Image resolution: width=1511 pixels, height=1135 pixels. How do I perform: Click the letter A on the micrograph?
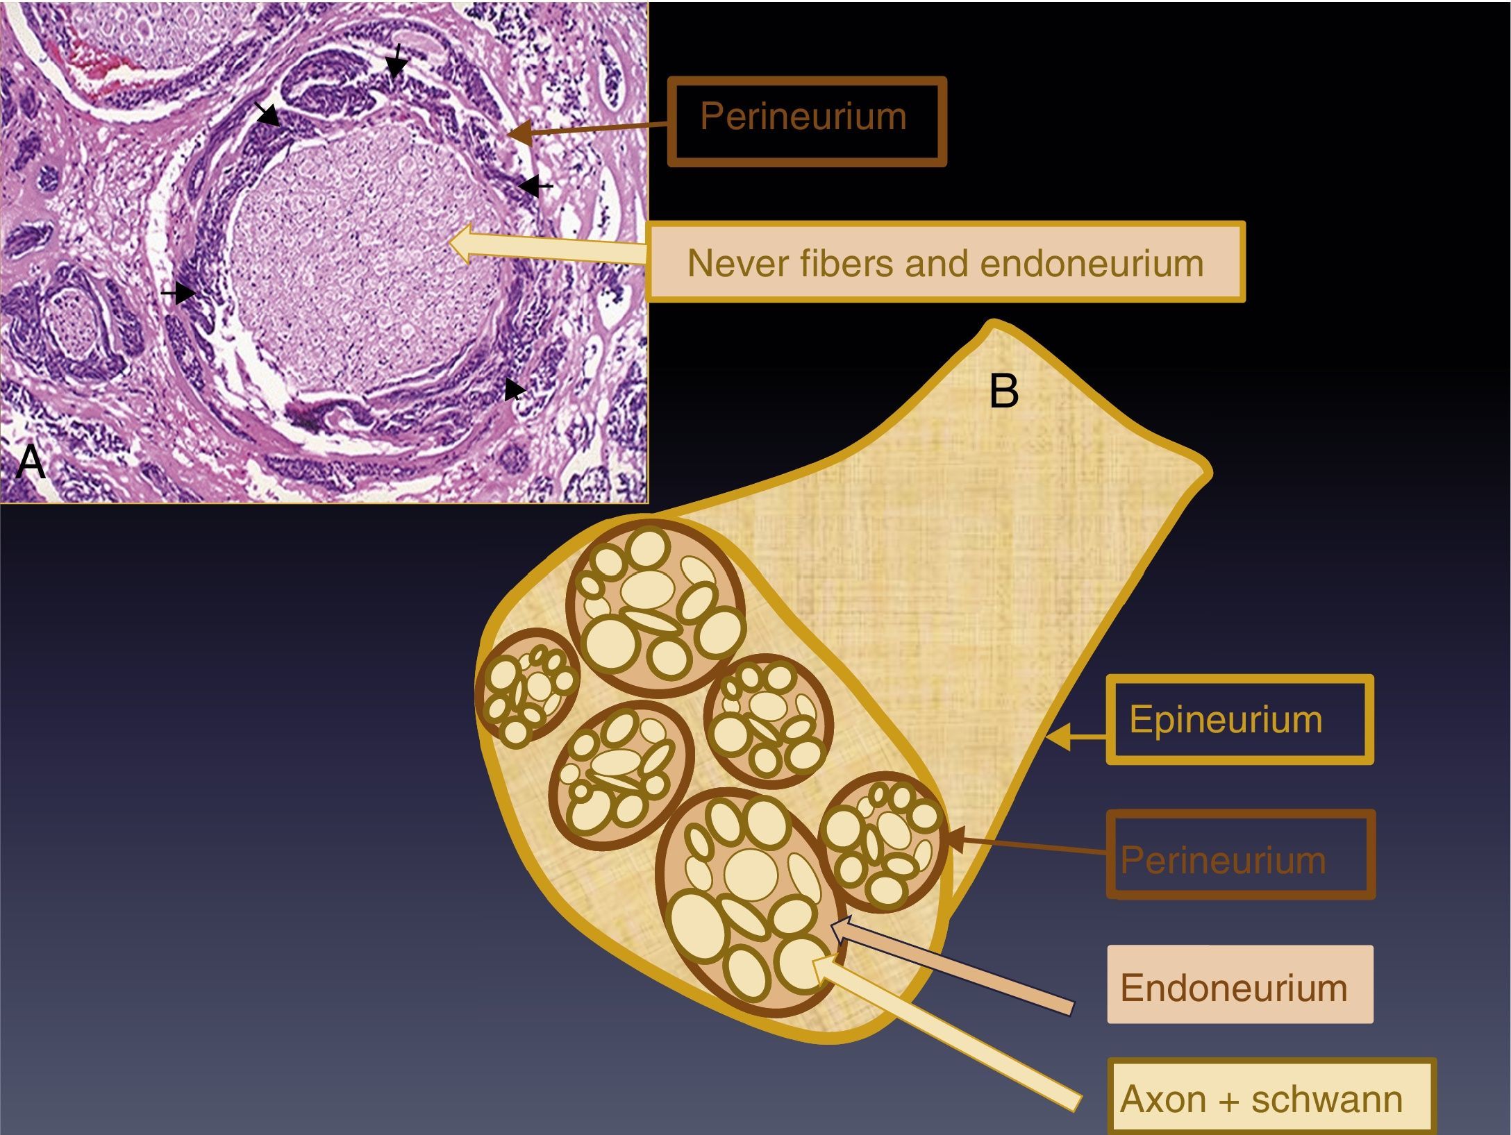[31, 461]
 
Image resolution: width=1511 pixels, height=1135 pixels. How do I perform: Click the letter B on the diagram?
[1003, 392]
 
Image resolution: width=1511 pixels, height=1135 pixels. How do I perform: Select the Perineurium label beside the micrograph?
[806, 121]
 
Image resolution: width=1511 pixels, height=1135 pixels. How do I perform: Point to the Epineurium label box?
[1239, 719]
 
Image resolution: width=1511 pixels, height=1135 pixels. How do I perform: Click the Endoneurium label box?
[1239, 984]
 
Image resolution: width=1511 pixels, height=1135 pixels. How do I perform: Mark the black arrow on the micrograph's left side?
[182, 293]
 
